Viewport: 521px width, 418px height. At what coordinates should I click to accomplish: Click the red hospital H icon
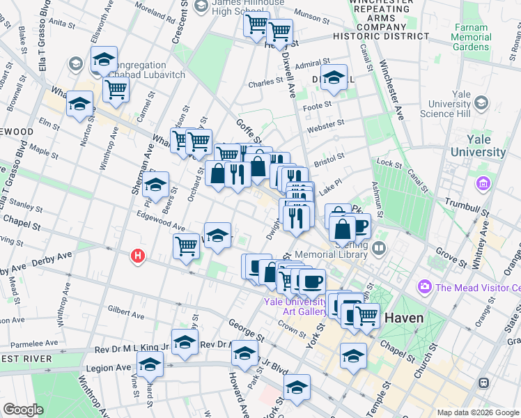pos(139,256)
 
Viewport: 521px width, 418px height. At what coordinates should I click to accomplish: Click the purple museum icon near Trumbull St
pos(482,184)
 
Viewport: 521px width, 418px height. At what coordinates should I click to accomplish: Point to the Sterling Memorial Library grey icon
pos(379,247)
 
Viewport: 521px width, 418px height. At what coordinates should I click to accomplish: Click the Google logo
pos(23,410)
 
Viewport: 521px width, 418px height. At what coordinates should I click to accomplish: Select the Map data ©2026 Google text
pos(478,412)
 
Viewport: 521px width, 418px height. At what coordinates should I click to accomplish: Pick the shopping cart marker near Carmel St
pos(116,88)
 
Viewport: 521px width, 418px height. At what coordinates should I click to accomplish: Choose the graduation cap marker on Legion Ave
pos(150,364)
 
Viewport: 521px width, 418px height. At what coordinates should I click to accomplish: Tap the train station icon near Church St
pos(483,383)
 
